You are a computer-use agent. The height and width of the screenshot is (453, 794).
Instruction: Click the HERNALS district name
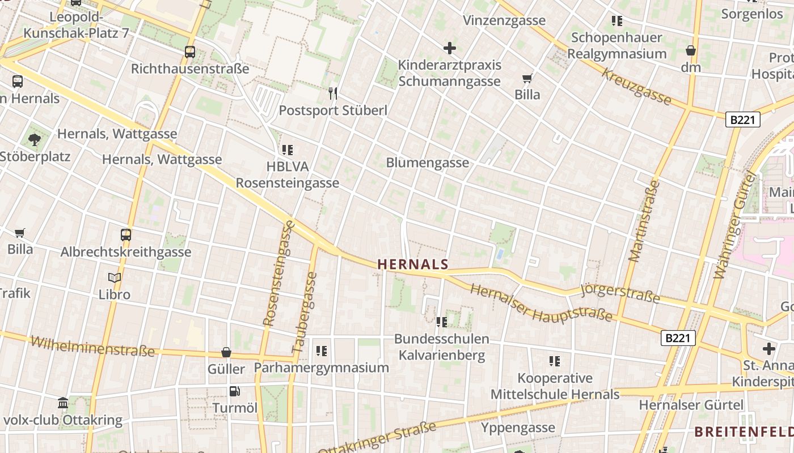pos(412,264)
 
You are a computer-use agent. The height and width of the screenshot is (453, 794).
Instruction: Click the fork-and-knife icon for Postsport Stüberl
pos(333,93)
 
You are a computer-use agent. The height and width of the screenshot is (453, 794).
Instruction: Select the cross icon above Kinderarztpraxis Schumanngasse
pos(450,48)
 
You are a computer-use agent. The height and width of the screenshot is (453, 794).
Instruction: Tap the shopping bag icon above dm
pos(690,50)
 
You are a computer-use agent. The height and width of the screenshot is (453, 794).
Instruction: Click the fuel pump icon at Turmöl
pos(234,391)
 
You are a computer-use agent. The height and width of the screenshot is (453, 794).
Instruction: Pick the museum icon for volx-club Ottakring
pos(63,403)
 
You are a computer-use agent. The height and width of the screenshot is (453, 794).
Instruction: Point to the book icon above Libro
pos(115,277)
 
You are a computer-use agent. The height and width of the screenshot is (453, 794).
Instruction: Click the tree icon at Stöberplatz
pos(35,139)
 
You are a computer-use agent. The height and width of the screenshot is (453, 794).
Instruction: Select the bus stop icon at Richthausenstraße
pos(190,52)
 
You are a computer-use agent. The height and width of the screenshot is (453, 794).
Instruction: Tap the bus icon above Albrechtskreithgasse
pos(126,234)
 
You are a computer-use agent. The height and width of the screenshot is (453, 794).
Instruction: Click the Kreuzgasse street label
pos(636,87)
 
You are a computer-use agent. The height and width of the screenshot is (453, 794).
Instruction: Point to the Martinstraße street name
pos(644,221)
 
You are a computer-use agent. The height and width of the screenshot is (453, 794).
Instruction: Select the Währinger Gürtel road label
pos(735,225)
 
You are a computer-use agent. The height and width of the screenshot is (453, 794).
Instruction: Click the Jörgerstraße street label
pos(620,293)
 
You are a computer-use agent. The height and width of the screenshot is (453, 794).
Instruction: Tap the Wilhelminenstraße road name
pos(92,346)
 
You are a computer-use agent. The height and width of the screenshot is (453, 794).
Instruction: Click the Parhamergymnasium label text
pos(321,367)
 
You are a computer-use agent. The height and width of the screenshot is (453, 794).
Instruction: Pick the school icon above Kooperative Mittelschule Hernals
pos(555,361)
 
